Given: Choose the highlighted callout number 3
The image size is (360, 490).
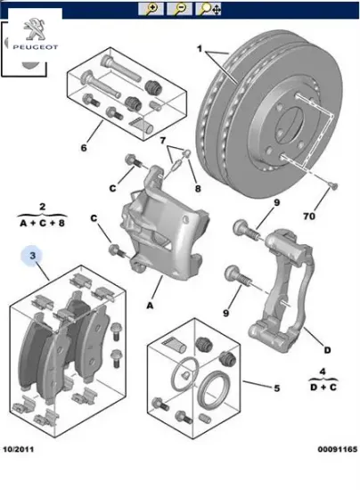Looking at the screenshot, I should pos(32,258).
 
